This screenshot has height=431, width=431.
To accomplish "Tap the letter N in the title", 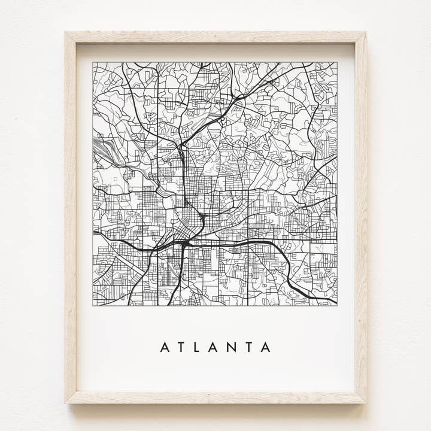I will coord(231,347).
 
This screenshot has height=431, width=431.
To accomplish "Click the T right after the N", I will coord(248,347).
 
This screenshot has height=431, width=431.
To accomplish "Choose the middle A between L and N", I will coord(213,347).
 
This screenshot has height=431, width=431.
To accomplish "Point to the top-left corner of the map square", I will coord(93,62).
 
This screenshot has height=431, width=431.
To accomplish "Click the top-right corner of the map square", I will coord(337,62).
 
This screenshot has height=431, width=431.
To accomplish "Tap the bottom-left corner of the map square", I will coord(93,305).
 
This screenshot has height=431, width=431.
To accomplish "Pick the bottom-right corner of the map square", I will coord(337,305).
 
